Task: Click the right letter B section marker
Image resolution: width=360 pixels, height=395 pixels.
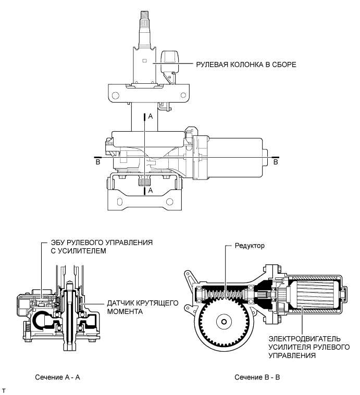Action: point(276,162)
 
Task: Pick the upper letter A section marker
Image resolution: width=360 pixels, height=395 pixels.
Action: point(150,118)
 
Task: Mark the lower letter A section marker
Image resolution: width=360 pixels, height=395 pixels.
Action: point(150,191)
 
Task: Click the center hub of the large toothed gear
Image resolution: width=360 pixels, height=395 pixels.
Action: point(224,323)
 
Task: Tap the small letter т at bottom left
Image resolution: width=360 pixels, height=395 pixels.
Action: point(4,390)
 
